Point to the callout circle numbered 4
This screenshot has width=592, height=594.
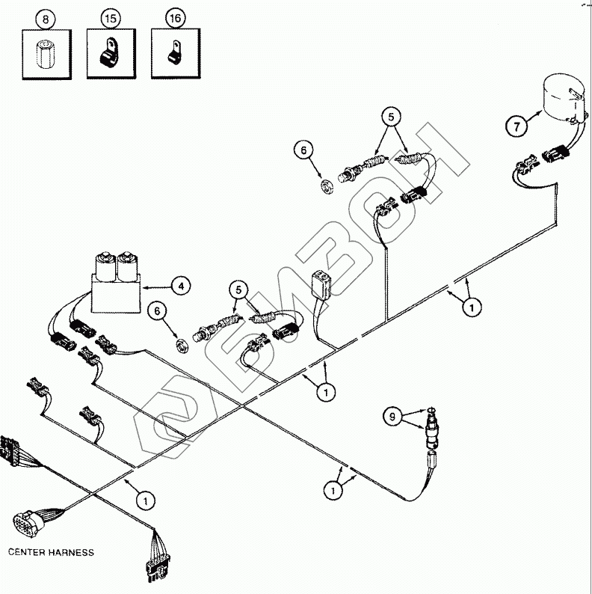click(x=179, y=285)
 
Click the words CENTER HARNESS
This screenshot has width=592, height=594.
click(x=52, y=553)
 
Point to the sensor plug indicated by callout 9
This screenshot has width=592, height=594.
click(x=431, y=435)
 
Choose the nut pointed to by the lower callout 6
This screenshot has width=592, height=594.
click(x=179, y=346)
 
